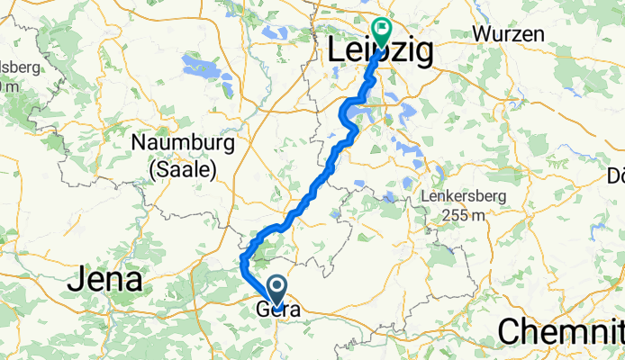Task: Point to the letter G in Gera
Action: point(263,310)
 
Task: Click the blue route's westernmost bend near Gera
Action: point(243,261)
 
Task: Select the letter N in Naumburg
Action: point(139,143)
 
